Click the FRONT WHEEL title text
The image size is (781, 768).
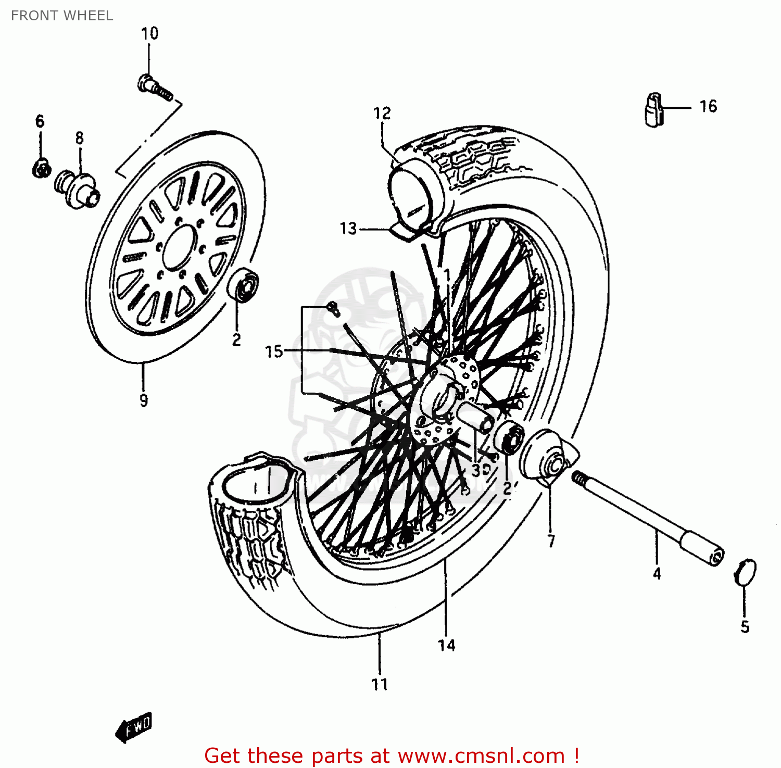(61, 16)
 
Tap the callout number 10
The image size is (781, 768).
(149, 33)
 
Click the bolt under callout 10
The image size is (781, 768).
(154, 88)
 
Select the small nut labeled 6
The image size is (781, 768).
(42, 168)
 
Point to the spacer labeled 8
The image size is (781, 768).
(77, 188)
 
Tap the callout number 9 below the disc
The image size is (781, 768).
(144, 400)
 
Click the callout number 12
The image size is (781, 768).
(382, 113)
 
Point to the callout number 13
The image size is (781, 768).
(348, 229)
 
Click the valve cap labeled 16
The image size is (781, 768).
(653, 109)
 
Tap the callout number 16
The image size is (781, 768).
(708, 106)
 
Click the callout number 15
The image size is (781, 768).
(274, 351)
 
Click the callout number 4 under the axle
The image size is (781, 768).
(657, 574)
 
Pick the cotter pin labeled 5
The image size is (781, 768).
(746, 572)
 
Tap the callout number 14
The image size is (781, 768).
(446, 646)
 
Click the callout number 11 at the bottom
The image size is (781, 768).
(380, 684)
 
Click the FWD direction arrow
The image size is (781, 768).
(134, 726)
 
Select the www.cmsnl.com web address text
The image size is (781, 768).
(481, 756)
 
